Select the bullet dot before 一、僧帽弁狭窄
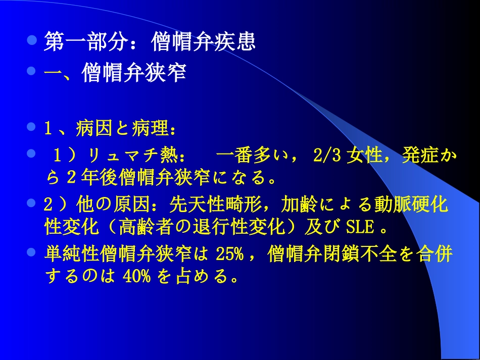point(31,72)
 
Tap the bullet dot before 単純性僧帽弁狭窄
point(31,251)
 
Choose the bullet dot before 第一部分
point(31,39)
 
